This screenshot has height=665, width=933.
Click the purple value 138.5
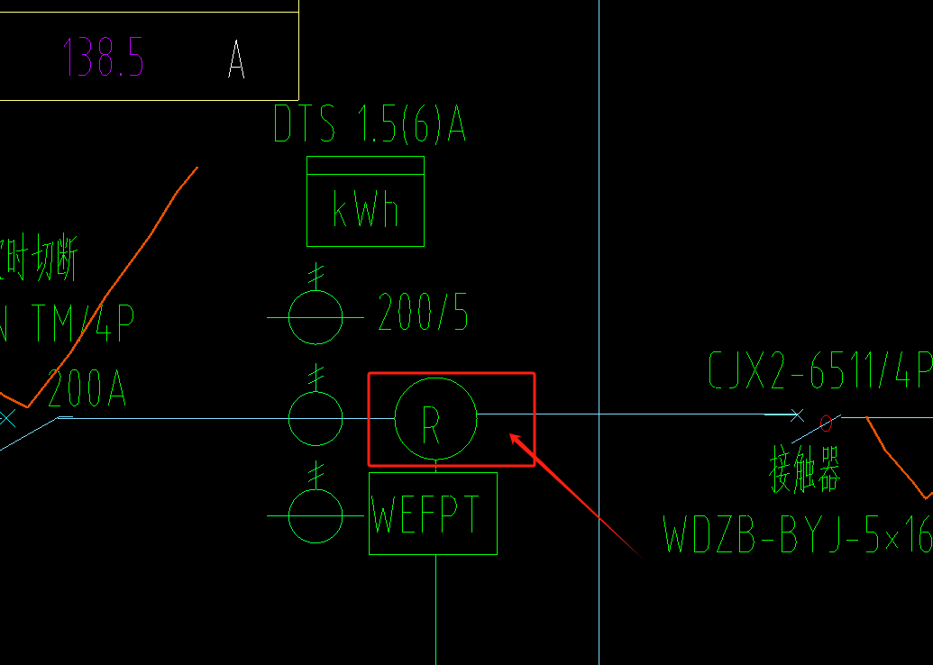104,58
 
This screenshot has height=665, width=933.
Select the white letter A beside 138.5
236,59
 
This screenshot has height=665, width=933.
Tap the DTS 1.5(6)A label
370,125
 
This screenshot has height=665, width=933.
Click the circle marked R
435,419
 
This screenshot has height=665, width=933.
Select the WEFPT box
433,513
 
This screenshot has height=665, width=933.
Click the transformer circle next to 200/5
316,317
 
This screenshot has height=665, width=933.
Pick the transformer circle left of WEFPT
316,516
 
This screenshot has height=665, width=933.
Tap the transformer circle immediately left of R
316,418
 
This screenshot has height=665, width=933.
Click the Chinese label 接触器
804,471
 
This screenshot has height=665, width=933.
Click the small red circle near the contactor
826,423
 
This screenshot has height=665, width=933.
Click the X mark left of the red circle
797,415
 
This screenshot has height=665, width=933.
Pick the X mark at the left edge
8,418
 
